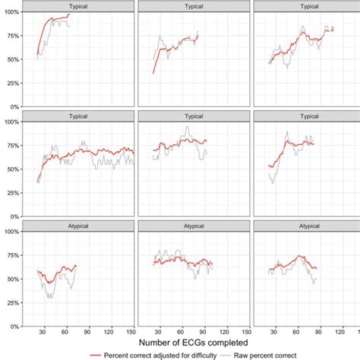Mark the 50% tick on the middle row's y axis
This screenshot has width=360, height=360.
coord(14,169)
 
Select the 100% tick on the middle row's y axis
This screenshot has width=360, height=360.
coord(12,122)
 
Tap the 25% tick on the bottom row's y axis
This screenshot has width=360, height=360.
coord(14,302)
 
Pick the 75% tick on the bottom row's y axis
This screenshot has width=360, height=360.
coord(14,254)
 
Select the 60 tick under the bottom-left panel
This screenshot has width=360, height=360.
coord(65,332)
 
